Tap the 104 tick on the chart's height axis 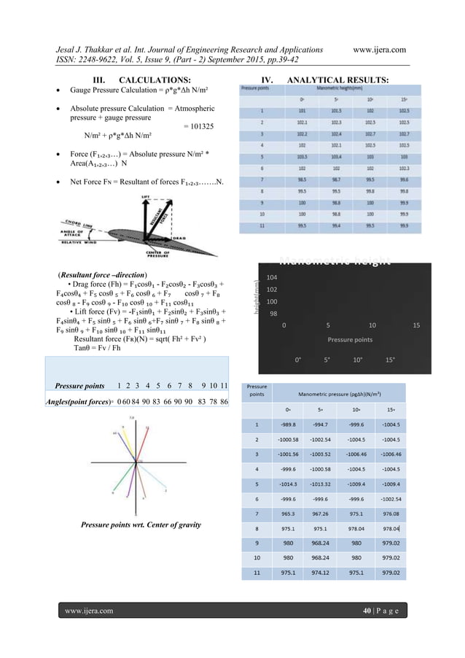(x=271, y=278)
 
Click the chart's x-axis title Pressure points (x=349, y=339)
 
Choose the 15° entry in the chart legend (x=391, y=359)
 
